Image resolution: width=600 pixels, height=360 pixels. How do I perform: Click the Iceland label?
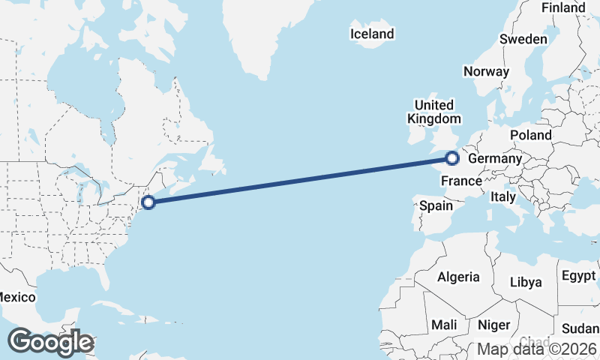tap(372, 34)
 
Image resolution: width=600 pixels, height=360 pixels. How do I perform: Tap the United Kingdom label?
tap(434, 112)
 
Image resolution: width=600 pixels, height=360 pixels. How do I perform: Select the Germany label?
tap(494, 159)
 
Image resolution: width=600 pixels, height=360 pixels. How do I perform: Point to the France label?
tap(460, 181)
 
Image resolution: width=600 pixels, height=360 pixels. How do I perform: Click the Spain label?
tap(436, 205)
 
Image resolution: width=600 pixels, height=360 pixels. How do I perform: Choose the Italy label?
tap(502, 196)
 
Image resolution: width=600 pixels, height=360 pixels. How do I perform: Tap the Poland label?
tap(530, 135)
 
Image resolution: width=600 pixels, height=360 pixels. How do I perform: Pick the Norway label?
tap(486, 72)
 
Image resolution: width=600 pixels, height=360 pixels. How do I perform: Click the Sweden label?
tap(523, 39)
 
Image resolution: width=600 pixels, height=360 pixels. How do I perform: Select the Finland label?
tap(562, 7)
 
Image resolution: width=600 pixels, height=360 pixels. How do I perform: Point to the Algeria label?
tap(458, 277)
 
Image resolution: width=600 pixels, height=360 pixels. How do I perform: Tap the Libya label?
tap(525, 282)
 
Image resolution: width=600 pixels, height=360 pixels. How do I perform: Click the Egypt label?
tap(578, 275)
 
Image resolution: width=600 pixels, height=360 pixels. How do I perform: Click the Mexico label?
tap(16, 297)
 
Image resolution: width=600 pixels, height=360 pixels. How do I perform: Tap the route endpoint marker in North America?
tap(148, 202)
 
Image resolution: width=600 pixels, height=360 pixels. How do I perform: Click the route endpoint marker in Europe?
tap(452, 157)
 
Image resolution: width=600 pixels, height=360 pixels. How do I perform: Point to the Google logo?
tap(50, 342)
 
